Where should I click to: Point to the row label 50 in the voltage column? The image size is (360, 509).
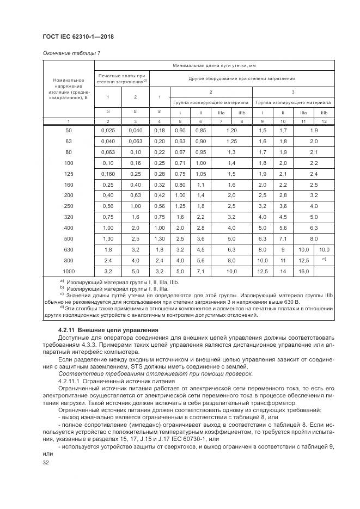tap(68, 131)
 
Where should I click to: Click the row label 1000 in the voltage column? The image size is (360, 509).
tap(68, 271)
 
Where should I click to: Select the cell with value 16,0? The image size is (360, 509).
tap(303, 271)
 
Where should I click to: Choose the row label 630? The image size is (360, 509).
tap(68, 249)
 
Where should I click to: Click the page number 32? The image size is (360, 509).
tap(45, 462)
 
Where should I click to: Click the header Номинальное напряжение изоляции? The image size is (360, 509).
tap(68, 89)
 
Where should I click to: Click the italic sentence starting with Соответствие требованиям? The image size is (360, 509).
tap(125, 373)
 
